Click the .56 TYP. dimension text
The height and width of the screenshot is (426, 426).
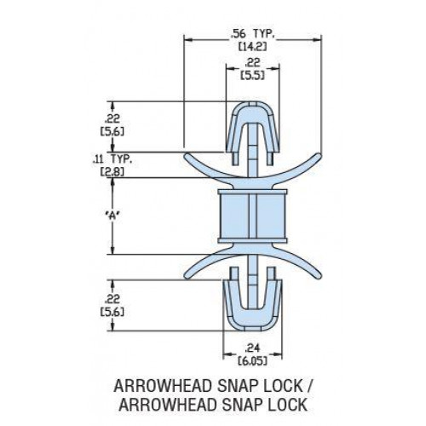coord(252,35)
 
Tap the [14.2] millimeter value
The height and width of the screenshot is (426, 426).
coord(252,47)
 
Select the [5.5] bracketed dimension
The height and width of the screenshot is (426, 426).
coord(252,76)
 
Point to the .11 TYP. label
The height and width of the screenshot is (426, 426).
coord(112,160)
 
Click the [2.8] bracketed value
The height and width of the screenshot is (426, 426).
coord(112,172)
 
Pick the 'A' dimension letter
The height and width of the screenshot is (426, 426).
coord(112,216)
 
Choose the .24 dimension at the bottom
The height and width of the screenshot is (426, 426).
coord(252,348)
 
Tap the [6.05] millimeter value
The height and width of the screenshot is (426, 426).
coord(252,361)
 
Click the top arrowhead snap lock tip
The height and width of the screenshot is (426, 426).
coord(252,102)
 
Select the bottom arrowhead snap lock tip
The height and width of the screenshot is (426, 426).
coord(252,331)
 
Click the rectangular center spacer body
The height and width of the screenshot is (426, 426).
coord(252,216)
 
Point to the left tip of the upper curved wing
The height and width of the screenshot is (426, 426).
coord(187,155)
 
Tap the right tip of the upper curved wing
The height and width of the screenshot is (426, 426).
coord(319,155)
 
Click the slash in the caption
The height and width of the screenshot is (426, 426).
coord(309,386)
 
